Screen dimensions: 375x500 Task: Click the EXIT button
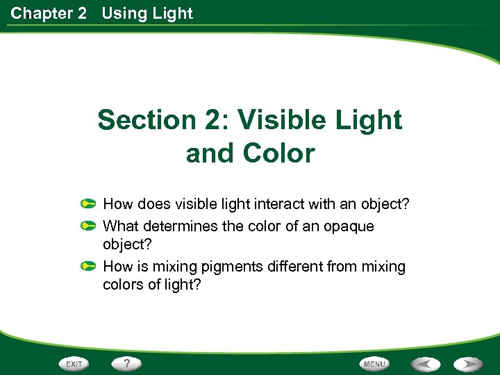74,364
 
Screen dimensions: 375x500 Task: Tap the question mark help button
127,363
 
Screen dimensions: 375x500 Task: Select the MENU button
374,364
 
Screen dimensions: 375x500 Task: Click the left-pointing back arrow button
425,364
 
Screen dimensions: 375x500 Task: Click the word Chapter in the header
39,13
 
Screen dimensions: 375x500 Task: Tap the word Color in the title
281,153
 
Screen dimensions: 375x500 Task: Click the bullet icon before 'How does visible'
87,205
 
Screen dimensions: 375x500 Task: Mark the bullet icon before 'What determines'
87,226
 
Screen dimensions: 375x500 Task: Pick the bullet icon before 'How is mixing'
87,266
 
